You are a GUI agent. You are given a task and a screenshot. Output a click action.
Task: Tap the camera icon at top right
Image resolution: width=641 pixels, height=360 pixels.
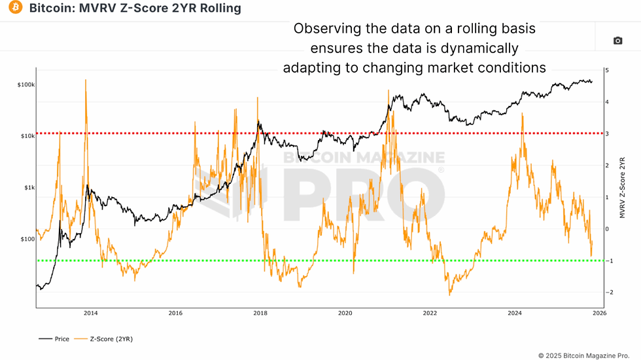tap(617, 41)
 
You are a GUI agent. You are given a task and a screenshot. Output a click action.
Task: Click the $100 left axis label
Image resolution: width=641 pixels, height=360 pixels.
tap(27, 240)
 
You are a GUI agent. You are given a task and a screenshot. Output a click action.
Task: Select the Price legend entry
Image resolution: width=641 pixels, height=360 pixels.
tap(56, 339)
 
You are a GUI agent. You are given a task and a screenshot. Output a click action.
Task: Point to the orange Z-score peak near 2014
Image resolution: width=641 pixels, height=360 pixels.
tap(86, 80)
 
